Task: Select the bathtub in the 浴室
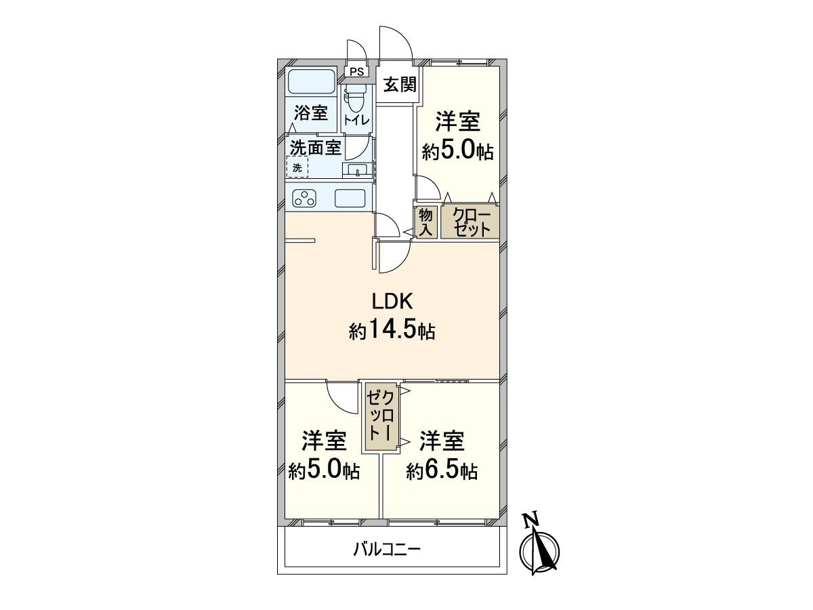311,82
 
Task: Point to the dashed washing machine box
297,167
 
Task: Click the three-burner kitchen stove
304,199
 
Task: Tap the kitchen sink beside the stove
352,199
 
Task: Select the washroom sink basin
357,169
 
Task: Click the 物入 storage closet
425,222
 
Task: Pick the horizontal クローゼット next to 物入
471,222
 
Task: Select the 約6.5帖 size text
442,471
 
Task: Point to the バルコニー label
387,548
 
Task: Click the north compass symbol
540,551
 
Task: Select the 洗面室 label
316,147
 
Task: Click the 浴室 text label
312,113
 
